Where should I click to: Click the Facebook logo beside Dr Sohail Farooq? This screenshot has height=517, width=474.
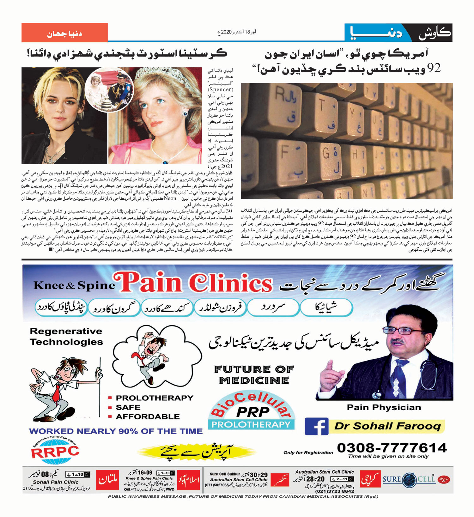(x=316, y=427)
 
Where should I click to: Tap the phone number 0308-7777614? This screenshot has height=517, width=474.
(x=392, y=448)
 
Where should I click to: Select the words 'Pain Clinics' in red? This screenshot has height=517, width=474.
(x=193, y=282)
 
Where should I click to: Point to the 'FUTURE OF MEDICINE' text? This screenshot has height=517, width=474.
(x=254, y=374)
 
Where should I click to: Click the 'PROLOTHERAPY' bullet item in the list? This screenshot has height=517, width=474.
(x=154, y=398)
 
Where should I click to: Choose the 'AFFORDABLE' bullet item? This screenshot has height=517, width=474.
(x=148, y=417)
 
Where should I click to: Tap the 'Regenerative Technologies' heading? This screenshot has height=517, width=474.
(x=66, y=337)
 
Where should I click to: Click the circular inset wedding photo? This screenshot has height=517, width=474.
(x=109, y=90)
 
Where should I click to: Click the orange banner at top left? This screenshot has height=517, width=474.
(x=64, y=33)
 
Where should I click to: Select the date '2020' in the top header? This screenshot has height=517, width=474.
(x=226, y=32)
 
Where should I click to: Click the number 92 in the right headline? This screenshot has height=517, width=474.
(x=433, y=68)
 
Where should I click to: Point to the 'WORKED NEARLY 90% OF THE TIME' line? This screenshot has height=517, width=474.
(x=116, y=431)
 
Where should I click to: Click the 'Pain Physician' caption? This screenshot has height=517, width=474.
(x=384, y=407)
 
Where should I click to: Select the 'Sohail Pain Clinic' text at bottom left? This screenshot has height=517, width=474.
(x=56, y=482)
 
